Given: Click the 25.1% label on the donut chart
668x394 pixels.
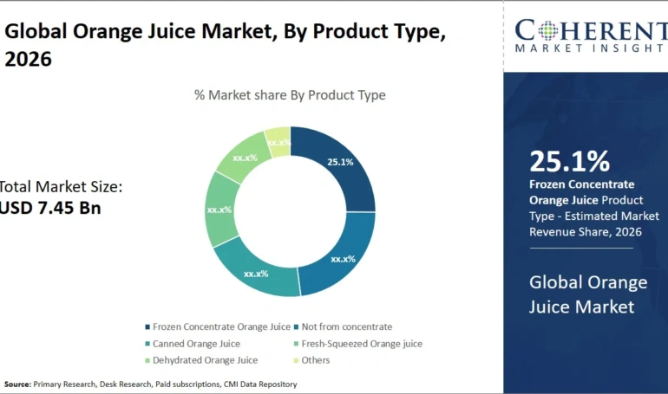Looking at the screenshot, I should point(340,161).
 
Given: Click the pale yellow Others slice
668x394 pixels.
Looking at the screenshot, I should point(278,141).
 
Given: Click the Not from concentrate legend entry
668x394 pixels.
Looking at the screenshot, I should point(346,326).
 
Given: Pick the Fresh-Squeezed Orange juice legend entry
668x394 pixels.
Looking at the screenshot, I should point(361,344).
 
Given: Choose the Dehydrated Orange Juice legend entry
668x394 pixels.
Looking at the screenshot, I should point(205,360).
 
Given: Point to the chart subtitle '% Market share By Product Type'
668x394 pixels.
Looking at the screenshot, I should point(290,95).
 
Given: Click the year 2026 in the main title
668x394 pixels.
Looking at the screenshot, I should point(28,59).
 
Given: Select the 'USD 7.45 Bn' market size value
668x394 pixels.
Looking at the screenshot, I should point(50,208).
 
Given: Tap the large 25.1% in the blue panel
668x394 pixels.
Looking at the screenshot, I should point(569,160).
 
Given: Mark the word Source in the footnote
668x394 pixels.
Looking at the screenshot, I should point(16,384).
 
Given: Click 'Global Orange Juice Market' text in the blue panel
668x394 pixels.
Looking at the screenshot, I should point(588,294).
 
